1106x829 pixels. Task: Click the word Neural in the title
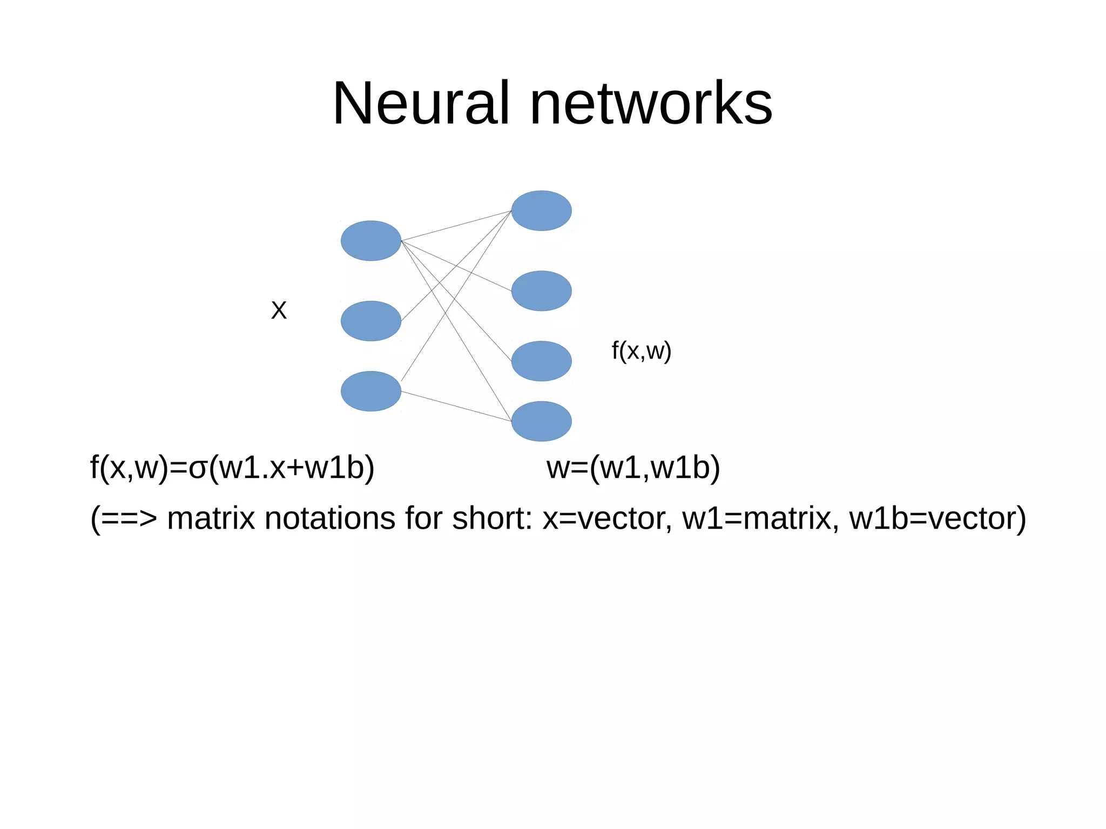coord(421,103)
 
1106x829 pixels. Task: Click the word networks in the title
coord(651,103)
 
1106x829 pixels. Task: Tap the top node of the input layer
coord(370,241)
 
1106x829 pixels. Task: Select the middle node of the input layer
coord(370,321)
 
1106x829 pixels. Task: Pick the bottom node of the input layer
coord(370,391)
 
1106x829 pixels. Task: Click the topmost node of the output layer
coord(541,211)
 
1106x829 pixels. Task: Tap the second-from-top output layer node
coord(541,291)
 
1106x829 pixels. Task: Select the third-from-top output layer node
coord(541,361)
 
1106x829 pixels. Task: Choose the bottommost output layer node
coord(541,421)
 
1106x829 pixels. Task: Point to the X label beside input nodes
coord(279,311)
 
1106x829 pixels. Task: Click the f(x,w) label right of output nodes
coord(641,351)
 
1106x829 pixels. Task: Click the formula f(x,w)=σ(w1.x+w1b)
coord(232,467)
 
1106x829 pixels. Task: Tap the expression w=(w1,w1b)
coord(633,467)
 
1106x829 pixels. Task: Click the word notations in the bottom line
coord(328,518)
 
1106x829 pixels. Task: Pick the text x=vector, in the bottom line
coord(607,518)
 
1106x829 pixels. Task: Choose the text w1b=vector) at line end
coord(937,518)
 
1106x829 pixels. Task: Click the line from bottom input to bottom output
coord(456,406)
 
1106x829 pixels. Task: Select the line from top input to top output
coord(456,226)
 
